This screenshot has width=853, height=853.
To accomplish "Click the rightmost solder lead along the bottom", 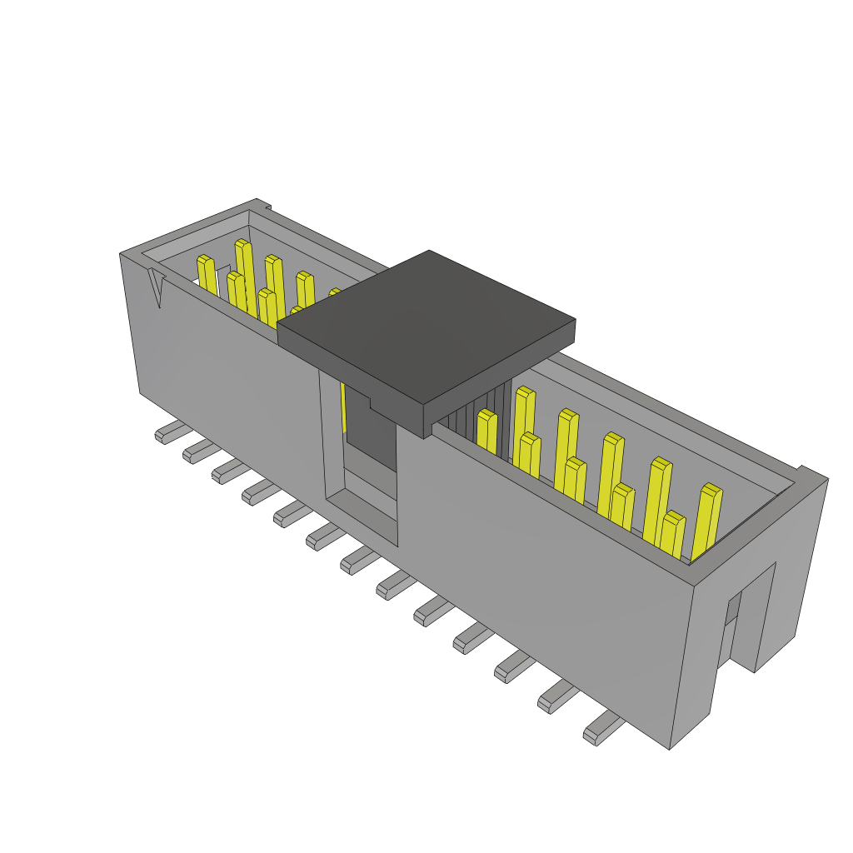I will (x=601, y=730).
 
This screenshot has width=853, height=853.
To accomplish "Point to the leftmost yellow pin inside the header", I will (x=207, y=276).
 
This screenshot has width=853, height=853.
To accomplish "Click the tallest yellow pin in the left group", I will (x=245, y=275).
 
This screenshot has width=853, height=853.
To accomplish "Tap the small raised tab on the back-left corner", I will (x=263, y=203).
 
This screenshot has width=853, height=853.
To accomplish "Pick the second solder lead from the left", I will (x=200, y=451).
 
